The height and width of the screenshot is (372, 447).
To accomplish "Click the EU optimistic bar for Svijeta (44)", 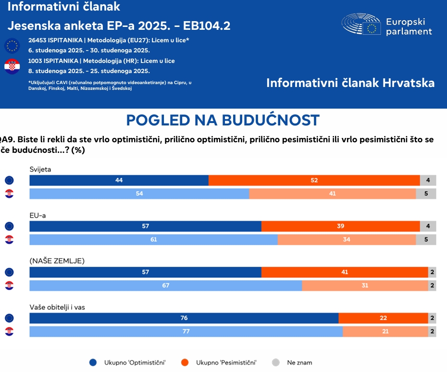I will (119, 180).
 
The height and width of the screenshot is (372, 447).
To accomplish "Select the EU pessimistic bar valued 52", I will (314, 180).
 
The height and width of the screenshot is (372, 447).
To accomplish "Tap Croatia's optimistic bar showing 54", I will (139, 194).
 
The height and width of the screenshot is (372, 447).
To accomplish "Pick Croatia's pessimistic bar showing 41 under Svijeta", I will (332, 194).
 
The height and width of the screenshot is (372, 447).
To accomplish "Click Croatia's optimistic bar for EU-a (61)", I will (153, 239).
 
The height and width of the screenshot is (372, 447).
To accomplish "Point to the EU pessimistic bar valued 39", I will (340, 226).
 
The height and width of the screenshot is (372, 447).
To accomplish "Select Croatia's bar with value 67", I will (166, 285).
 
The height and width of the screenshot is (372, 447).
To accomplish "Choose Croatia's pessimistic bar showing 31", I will (365, 285).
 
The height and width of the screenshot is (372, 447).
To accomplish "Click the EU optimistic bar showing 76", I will (184, 318).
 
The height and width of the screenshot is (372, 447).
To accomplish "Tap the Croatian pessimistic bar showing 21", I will (385, 332).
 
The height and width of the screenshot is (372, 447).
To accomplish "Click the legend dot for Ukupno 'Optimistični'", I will (94, 362).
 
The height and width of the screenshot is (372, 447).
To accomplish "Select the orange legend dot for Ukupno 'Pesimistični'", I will (185, 362).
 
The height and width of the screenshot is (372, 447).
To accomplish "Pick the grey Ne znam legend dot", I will (276, 362).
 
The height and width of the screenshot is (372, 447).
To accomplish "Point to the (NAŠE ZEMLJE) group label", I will (57, 261).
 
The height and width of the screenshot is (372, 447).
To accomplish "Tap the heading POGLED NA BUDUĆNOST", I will (223, 120).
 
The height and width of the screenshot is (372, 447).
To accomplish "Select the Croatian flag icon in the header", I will (12, 66).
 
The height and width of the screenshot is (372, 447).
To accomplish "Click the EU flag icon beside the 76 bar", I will (9, 318).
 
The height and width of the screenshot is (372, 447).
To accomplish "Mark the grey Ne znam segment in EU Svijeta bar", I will (428, 180).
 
